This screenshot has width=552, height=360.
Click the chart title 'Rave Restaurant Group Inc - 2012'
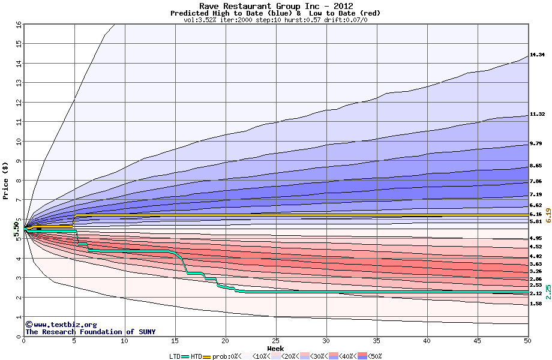(275, 6)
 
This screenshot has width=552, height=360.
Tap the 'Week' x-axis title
(275, 349)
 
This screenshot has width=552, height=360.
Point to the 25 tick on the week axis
(275, 341)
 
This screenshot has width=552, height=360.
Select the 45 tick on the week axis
(477, 341)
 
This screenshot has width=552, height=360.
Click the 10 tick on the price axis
(18, 142)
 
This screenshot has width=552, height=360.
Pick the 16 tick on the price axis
(18, 25)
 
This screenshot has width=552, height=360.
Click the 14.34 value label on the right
(536, 55)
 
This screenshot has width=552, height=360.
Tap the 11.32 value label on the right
(536, 114)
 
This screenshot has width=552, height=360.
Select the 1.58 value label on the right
(536, 304)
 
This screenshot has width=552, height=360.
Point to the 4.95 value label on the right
(536, 238)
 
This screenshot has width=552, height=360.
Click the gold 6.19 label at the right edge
(547, 215)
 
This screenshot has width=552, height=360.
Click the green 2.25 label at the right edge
(547, 292)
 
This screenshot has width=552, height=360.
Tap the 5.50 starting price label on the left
(16, 229)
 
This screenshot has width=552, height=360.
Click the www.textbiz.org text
(56, 325)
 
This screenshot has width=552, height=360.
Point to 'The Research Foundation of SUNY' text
(88, 332)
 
